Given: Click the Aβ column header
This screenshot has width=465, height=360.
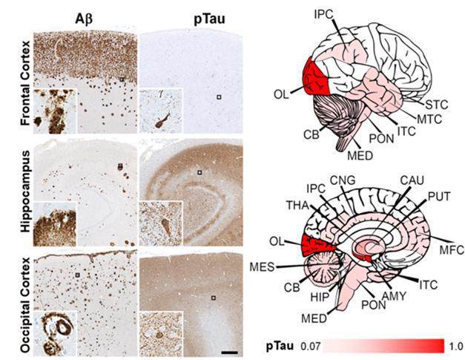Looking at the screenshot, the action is click(x=84, y=19).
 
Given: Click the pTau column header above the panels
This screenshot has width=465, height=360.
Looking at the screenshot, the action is click(x=209, y=19).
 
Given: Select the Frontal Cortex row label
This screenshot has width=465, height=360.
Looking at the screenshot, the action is click(x=25, y=83).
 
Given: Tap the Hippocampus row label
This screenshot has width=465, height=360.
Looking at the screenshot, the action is click(x=25, y=192).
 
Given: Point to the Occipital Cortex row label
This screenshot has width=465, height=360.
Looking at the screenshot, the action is click(x=25, y=305).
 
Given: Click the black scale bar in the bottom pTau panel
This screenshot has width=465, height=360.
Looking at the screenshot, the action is click(x=230, y=353).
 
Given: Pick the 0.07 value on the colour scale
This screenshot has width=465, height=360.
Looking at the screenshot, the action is click(x=311, y=346).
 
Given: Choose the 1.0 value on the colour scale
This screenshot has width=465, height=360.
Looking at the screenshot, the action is click(x=456, y=347).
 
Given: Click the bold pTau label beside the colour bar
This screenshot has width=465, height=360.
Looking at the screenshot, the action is click(x=280, y=346).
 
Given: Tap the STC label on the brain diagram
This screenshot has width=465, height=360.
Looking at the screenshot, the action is click(x=437, y=105).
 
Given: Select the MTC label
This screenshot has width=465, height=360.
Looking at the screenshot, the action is click(x=429, y=119).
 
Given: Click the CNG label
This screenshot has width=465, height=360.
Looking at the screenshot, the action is click(x=343, y=180).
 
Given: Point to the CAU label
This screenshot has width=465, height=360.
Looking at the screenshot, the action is click(x=412, y=180).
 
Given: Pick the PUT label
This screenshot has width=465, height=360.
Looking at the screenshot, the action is click(x=438, y=197).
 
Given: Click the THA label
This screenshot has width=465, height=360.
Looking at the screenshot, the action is click(x=297, y=206).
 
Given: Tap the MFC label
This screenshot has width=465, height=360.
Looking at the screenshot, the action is click(x=451, y=250).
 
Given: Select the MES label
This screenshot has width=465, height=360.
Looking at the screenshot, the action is click(x=262, y=266).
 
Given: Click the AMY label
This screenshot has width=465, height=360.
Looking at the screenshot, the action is click(x=394, y=295).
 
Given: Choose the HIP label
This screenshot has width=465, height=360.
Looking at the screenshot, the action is click(x=320, y=297).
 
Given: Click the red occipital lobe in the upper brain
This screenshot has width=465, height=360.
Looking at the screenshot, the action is click(x=315, y=76).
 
